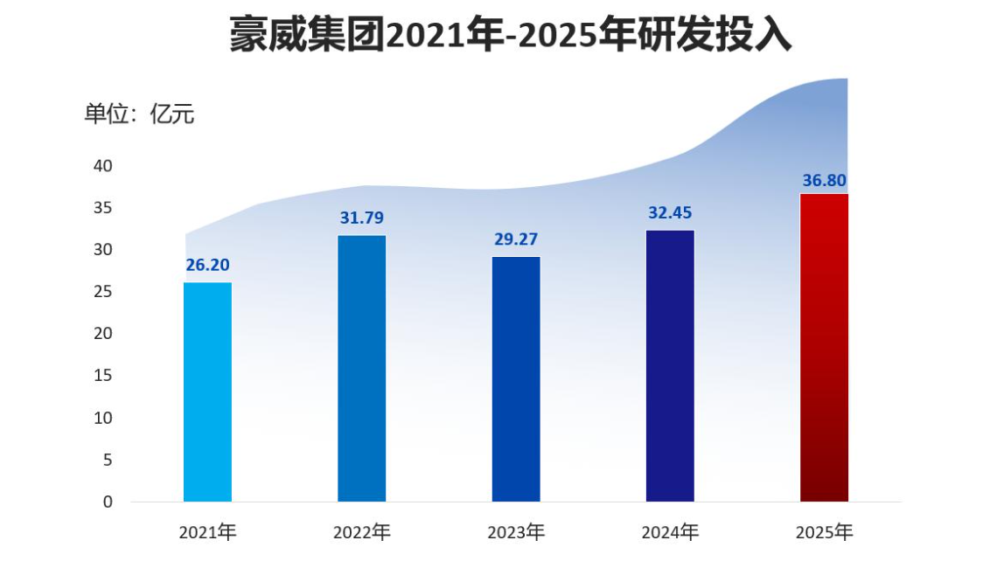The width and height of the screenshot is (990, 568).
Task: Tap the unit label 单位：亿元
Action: coord(139,114)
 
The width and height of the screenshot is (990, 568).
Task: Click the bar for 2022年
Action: coord(362,368)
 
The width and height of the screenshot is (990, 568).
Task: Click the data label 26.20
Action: coord(208,265)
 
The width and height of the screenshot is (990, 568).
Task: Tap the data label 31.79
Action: coord(362,218)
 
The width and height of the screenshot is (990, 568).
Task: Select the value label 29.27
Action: coord(516,239)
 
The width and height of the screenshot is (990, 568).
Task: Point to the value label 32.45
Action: coord(670,212)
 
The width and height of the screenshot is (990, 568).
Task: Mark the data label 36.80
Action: coord(824,181)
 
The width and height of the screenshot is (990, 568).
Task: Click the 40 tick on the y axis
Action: coord(103,166)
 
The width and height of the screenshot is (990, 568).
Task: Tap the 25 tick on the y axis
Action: coord(103,292)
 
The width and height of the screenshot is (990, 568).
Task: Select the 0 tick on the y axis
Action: coord(108,502)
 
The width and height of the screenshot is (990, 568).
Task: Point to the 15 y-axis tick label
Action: coord(103,376)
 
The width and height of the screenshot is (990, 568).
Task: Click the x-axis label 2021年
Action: coord(208,531)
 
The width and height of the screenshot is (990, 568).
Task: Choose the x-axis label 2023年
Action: coord(516,531)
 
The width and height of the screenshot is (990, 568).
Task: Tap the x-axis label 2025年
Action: coord(824,531)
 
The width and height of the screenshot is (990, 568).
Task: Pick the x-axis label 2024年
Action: coord(670,531)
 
